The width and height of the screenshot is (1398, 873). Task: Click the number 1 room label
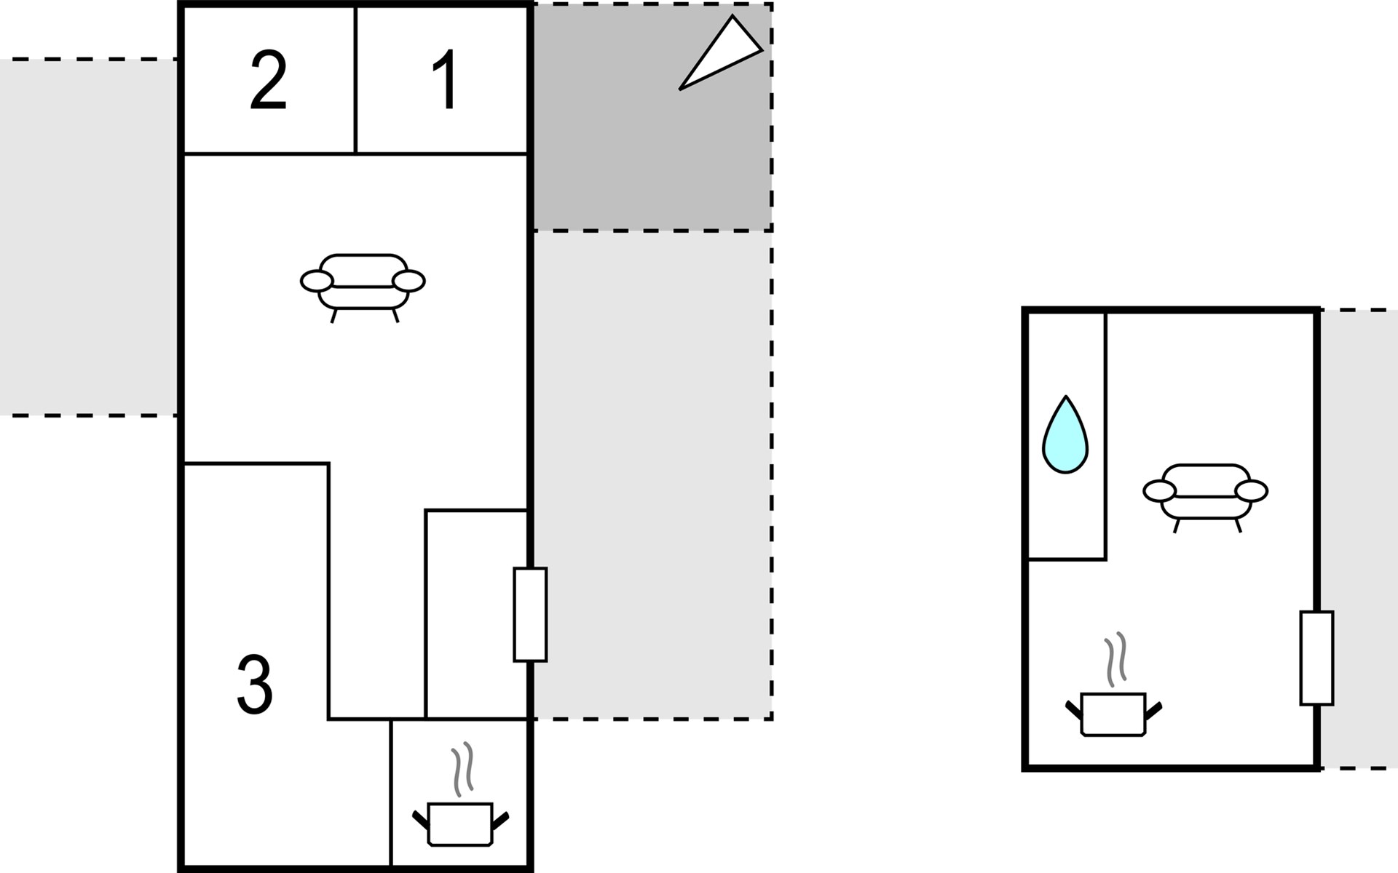pyautogui.click(x=445, y=80)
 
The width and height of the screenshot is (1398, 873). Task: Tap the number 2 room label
pyautogui.click(x=268, y=81)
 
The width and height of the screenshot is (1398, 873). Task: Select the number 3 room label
pyautogui.click(x=255, y=685)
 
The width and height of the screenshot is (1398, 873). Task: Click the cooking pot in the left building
pyautogui.click(x=460, y=824)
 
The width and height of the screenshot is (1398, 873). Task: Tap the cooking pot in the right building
pyautogui.click(x=1113, y=714)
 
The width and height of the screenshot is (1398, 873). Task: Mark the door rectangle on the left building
pyautogui.click(x=530, y=615)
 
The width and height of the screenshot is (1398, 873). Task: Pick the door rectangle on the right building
pyautogui.click(x=1316, y=658)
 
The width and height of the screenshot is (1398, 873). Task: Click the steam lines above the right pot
pyautogui.click(x=1116, y=660)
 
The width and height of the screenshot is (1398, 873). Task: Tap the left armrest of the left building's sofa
pyautogui.click(x=317, y=281)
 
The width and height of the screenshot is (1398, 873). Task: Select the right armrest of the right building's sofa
pyautogui.click(x=1252, y=491)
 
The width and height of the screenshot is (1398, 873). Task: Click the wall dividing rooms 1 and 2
pyautogui.click(x=355, y=80)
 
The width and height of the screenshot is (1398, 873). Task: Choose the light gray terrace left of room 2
pyautogui.click(x=88, y=237)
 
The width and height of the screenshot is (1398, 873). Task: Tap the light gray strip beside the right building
pyautogui.click(x=1359, y=539)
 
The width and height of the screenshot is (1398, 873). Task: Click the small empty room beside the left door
pyautogui.click(x=476, y=614)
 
